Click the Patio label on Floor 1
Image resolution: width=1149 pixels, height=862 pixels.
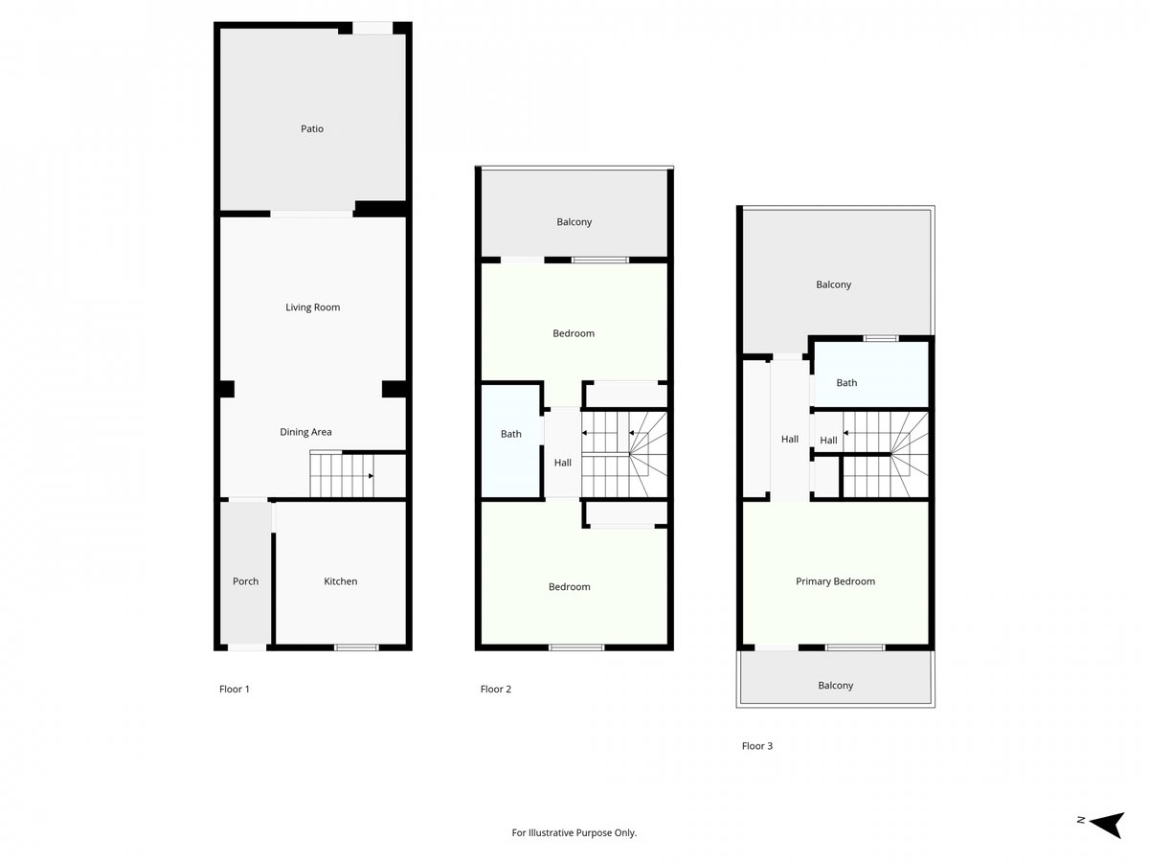[312, 128]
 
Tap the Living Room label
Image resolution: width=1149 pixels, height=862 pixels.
[312, 307]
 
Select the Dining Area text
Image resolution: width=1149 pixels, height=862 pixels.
[305, 432]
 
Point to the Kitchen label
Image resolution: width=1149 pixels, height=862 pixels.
[340, 581]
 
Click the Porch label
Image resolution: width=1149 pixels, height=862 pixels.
[245, 581]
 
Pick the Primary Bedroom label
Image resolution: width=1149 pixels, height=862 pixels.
[835, 581]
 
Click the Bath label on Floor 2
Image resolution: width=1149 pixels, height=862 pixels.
[511, 434]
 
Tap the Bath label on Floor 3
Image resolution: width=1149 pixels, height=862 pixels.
[846, 382]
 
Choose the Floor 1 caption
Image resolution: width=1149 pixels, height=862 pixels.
[234, 689]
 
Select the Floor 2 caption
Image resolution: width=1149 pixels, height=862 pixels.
[495, 689]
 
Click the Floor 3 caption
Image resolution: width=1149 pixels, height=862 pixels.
[757, 746]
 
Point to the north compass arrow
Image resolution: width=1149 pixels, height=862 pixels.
[1107, 825]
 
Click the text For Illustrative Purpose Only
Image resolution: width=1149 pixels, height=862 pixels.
[574, 832]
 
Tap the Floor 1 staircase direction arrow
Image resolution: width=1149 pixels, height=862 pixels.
[371, 476]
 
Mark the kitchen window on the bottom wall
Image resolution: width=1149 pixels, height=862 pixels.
[356, 647]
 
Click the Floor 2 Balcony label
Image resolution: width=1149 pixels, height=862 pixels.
[574, 222]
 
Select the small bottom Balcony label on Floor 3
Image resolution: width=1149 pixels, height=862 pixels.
[836, 685]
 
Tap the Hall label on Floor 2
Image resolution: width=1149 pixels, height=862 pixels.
[563, 463]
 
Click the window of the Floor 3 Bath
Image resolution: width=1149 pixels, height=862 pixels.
[881, 339]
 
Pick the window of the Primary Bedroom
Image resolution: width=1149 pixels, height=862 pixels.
[855, 647]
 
